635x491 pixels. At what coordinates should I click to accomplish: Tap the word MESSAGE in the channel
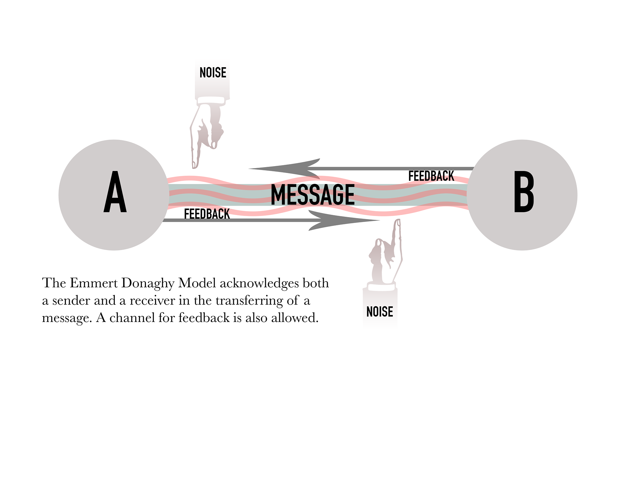coord(313,195)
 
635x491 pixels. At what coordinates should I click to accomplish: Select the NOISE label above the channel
coord(213,73)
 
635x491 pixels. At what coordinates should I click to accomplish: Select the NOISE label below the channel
coord(380,312)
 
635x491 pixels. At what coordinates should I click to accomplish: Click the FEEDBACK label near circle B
coord(431,176)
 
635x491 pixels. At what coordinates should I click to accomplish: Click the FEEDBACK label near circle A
coord(207,214)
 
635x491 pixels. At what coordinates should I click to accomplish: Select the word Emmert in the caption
coord(94,283)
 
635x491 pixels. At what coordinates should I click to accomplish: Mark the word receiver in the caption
coord(152,301)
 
